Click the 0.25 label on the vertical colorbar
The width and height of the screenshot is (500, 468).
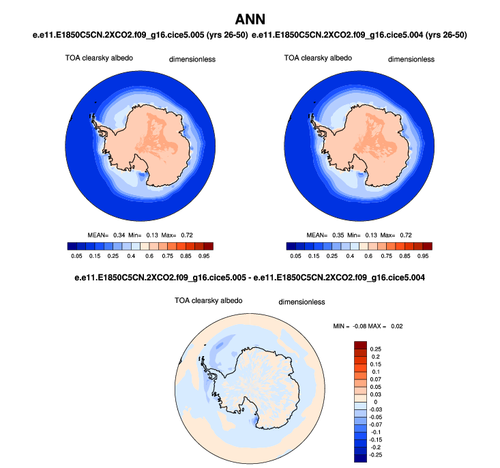tap(375, 349)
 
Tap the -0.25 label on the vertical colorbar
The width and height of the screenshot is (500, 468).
tap(377, 454)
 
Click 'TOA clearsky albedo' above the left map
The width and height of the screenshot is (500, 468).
tap(95, 58)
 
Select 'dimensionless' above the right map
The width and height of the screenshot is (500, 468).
tap(411, 59)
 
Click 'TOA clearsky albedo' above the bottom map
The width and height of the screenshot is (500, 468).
tap(208, 300)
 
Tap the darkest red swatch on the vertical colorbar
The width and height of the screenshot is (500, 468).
tap(361, 345)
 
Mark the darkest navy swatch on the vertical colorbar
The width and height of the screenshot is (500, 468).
tap(361, 457)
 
